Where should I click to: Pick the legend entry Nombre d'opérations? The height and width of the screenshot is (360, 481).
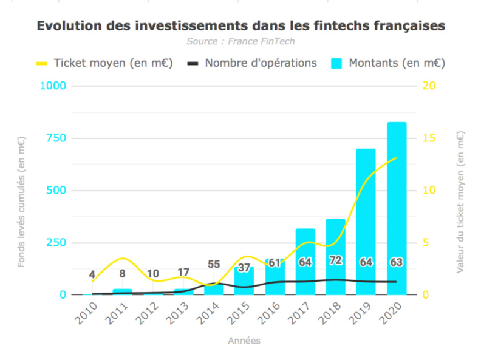[x=251, y=63]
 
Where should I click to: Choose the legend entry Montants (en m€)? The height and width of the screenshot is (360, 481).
[x=388, y=63]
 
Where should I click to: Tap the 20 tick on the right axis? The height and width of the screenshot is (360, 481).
[x=428, y=86]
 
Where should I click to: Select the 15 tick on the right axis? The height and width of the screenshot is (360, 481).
[x=428, y=138]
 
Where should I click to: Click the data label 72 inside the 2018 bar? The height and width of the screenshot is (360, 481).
[x=335, y=262]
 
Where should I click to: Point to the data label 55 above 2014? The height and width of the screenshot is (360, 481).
[x=214, y=265]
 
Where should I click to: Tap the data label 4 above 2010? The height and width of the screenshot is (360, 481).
[x=92, y=275]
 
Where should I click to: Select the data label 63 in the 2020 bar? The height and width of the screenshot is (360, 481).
[x=397, y=262]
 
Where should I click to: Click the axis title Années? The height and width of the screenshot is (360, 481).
[x=244, y=341]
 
